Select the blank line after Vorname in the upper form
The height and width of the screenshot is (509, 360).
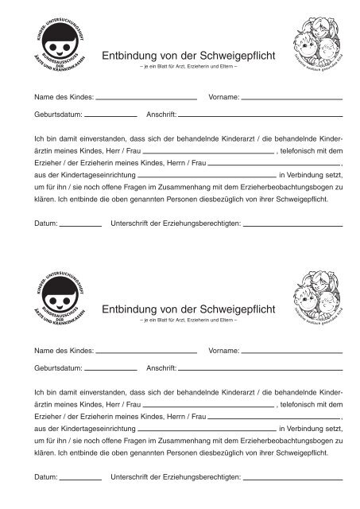292,98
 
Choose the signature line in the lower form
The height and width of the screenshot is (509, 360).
292,479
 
